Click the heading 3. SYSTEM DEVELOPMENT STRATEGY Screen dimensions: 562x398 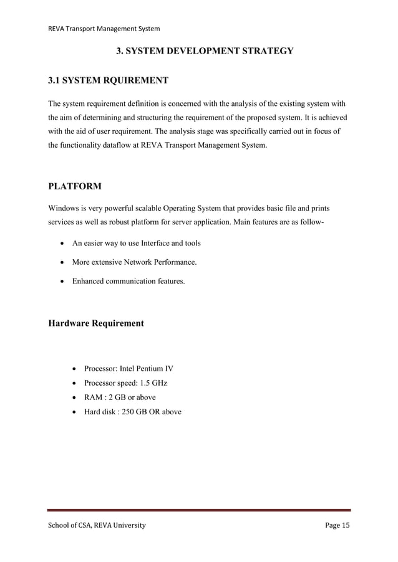coord(205,50)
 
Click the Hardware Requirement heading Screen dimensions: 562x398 coord(96,323)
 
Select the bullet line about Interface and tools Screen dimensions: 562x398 coord(137,243)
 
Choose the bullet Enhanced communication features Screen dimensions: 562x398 coord(129,282)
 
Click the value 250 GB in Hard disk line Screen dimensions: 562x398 coord(140,412)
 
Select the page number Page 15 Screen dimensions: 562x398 coord(337,526)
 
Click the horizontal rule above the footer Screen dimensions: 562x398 coord(199,511)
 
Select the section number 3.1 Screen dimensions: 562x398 coord(56,80)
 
